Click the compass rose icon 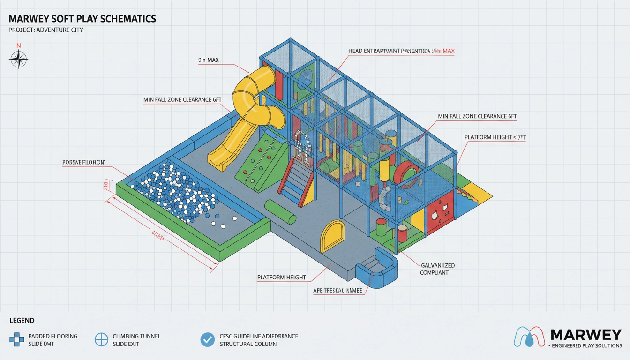click(x=19, y=60)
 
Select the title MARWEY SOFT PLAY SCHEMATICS click(x=82, y=19)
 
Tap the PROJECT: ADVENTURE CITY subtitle click(x=46, y=30)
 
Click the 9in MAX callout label click(x=209, y=60)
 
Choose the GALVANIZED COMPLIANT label click(x=437, y=269)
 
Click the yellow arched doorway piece click(x=332, y=236)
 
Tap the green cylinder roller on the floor click(x=280, y=212)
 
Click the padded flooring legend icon click(x=17, y=339)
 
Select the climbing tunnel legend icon click(x=102, y=339)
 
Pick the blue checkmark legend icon click(x=207, y=339)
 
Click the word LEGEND click(x=22, y=321)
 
